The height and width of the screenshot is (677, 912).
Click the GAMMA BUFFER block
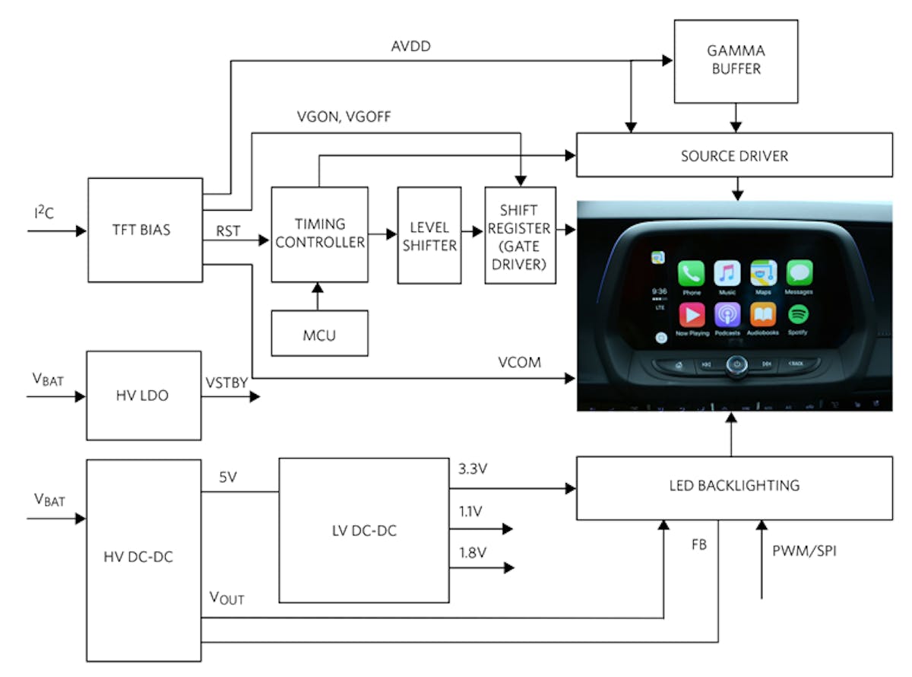tap(736, 61)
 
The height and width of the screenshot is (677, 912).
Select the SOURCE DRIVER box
tap(734, 156)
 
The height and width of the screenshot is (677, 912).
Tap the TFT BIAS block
tap(145, 229)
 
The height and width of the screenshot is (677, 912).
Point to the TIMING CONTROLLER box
tap(319, 234)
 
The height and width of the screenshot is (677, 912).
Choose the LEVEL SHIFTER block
tap(429, 235)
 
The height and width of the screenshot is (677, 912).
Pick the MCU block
tap(319, 333)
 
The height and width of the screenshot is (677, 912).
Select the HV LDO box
tap(144, 395)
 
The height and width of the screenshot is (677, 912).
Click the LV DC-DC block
tap(363, 530)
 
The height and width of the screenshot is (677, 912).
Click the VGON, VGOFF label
tap(344, 117)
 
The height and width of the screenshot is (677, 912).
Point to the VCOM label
tap(521, 363)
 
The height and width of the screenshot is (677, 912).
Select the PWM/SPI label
tap(803, 550)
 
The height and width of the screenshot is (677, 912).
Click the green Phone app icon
tap(692, 272)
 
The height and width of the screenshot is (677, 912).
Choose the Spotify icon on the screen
tap(799, 314)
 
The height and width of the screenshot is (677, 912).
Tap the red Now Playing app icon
tap(691, 314)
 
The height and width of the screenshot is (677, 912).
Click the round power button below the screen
tap(736, 364)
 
